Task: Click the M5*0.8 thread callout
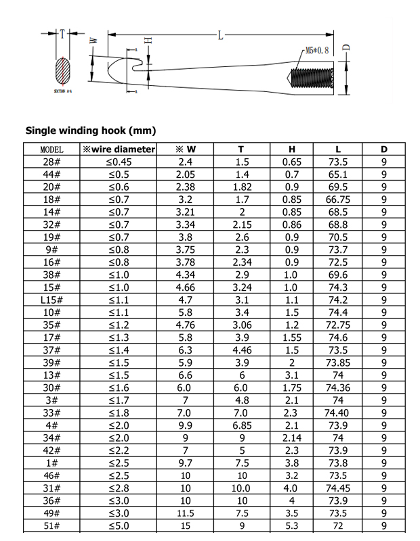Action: (317, 51)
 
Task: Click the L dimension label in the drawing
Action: (220, 35)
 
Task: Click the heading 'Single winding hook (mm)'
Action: (90, 130)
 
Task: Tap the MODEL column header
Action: (51, 149)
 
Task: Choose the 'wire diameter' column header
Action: (119, 149)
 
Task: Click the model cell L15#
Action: (51, 300)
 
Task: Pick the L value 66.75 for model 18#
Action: (337, 199)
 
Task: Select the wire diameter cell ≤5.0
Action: (119, 525)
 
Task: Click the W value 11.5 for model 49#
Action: (185, 513)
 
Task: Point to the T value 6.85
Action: (242, 425)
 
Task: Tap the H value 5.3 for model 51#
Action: (291, 525)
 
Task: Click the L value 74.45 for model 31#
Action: (337, 488)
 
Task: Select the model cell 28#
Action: (51, 162)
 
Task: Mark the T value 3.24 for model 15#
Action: (242, 287)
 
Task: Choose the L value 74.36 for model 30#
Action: (337, 387)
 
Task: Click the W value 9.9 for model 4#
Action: (185, 425)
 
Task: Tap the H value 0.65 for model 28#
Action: (291, 162)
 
